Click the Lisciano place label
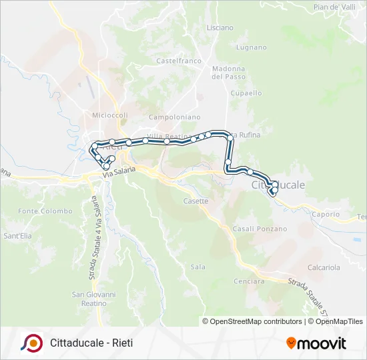[220, 28]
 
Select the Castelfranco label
[179, 61]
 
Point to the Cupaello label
[246, 93]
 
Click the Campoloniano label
[175, 117]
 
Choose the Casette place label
[196, 201]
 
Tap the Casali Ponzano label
[260, 229]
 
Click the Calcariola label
[324, 267]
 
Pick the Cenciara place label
[249, 281]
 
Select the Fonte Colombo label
[45, 211]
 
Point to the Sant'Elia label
[17, 236]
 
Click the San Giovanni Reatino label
[94, 299]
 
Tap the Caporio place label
[326, 215]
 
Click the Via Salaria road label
[119, 171]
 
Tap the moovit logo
[316, 343]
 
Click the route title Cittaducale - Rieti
[91, 343]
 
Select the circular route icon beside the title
[32, 343]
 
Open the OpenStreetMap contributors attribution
[256, 321]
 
